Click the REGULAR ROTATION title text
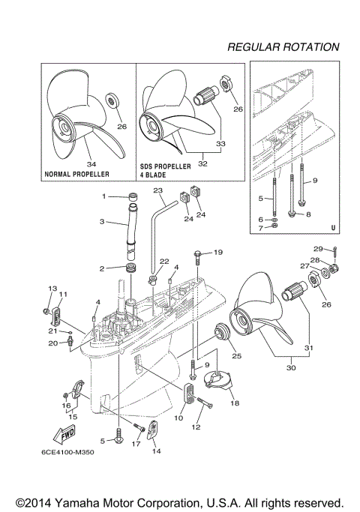click(283, 46)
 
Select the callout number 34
click(91, 164)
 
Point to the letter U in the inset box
click(332, 226)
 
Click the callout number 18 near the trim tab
click(234, 403)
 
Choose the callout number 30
click(292, 368)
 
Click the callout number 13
click(52, 289)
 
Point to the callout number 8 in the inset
click(310, 214)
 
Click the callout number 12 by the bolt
click(196, 427)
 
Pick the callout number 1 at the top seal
click(104, 196)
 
